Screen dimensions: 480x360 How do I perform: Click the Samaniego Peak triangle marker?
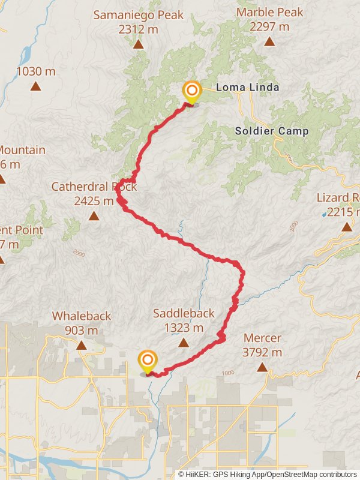(138, 44)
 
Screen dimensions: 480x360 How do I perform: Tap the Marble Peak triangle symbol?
(270, 41)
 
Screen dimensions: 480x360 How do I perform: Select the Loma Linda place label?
(247, 88)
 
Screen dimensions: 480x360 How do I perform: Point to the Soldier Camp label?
(272, 131)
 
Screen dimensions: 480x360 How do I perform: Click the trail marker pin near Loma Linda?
(191, 93)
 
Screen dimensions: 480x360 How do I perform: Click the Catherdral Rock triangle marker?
(94, 215)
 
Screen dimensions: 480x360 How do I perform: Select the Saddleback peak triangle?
(183, 343)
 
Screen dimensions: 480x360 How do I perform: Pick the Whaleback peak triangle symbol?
(81, 345)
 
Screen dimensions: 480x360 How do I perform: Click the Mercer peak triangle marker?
(263, 367)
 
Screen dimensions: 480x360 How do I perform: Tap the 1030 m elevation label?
(36, 71)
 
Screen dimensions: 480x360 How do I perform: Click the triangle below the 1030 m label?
(36, 86)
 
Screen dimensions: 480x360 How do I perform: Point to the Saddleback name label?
(183, 313)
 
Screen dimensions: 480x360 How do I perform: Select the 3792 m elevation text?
(262, 352)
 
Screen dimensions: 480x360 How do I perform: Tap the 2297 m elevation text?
(270, 26)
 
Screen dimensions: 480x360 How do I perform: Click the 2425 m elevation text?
(94, 201)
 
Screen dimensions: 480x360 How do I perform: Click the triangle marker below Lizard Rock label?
(347, 227)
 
